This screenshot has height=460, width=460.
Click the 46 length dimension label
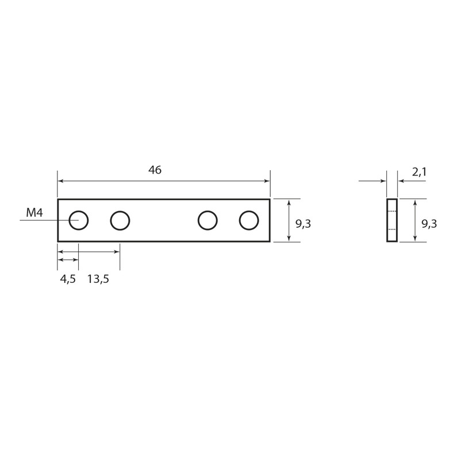[155, 170]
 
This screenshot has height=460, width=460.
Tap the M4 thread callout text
[34, 213]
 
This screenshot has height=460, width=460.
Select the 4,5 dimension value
[68, 279]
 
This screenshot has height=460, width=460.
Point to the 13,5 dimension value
[98, 279]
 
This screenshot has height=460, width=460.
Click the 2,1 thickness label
[419, 172]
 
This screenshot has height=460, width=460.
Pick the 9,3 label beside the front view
[303, 224]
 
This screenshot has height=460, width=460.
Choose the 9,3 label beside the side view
[429, 224]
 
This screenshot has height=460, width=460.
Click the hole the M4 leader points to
[79, 210]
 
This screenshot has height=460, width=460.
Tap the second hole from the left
[120, 210]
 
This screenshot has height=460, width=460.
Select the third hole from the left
[208, 210]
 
